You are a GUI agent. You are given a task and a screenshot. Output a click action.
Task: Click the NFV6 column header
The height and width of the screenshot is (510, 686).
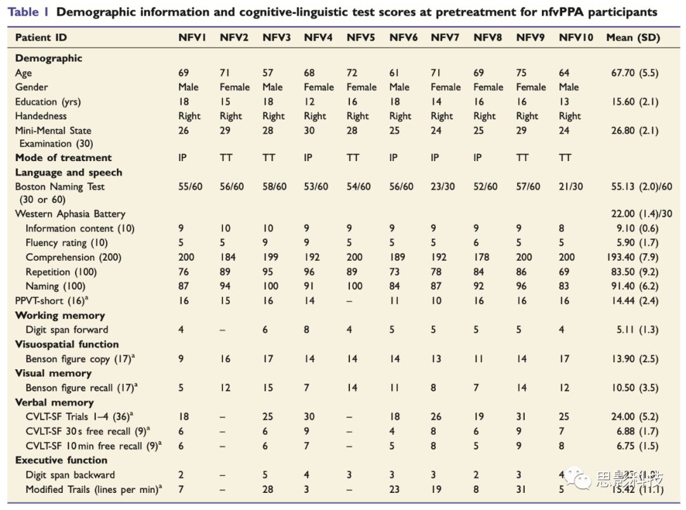point(403,37)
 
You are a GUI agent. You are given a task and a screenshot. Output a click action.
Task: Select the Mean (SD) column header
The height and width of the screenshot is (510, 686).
point(633,37)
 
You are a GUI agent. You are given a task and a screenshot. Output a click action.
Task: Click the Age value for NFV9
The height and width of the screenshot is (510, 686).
point(521,73)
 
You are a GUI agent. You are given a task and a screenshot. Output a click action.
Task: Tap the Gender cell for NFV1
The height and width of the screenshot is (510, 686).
point(188,87)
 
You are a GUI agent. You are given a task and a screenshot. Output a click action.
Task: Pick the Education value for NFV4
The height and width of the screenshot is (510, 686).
point(309,101)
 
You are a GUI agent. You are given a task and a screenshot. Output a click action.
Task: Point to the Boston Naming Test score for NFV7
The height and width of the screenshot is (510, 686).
point(444,186)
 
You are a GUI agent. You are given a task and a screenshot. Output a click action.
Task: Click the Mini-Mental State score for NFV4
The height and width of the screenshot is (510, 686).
point(309,131)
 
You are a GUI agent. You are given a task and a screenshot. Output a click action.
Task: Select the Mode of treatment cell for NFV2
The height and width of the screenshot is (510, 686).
point(226,158)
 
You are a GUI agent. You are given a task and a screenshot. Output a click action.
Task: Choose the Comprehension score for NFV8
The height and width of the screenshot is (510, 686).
point(482,257)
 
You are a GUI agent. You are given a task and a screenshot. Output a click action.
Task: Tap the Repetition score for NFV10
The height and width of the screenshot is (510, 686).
point(565,271)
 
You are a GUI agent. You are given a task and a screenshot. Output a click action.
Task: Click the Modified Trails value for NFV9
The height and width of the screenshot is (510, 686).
point(521,489)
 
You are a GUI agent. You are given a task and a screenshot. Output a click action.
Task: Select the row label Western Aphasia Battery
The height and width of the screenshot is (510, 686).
point(70,214)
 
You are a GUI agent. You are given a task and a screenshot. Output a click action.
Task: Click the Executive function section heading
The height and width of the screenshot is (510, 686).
point(61,460)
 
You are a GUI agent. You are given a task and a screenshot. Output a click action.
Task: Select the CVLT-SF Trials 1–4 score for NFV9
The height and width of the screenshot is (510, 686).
point(521,417)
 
